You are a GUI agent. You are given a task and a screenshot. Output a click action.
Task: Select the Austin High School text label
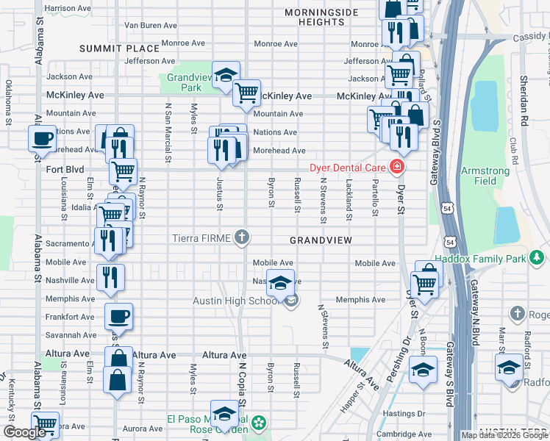point(235,301)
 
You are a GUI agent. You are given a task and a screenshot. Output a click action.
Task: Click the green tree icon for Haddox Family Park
point(537,257)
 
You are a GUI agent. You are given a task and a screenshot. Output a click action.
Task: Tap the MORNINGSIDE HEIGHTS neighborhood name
point(321,18)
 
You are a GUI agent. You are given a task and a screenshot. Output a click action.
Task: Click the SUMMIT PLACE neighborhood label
point(119,49)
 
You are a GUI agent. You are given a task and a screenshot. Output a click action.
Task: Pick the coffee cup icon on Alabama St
point(43,137)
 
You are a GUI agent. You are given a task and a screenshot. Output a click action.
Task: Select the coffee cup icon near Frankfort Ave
point(118,317)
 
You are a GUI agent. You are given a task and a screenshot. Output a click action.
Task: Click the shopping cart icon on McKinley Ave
point(246,93)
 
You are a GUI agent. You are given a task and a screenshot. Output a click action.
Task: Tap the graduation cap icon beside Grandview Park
point(226,74)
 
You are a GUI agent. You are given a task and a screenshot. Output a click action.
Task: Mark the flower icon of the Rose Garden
point(259,423)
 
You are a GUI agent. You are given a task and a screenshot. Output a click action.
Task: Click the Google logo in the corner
point(24,431)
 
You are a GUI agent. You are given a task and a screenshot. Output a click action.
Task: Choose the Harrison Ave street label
point(68,8)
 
